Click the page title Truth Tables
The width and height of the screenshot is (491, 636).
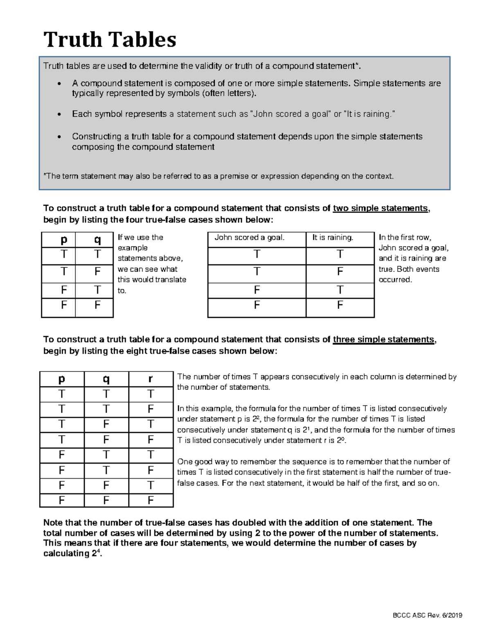(x=110, y=40)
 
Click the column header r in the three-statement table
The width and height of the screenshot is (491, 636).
(x=150, y=379)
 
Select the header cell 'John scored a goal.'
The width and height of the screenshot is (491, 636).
(x=249, y=238)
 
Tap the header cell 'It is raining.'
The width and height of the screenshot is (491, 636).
(x=333, y=238)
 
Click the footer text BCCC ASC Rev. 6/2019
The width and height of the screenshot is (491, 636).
(x=427, y=615)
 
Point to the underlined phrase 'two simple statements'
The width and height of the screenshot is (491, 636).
(x=381, y=208)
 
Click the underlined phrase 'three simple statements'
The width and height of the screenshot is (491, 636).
(x=383, y=340)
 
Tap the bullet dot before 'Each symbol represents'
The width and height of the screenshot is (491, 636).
(x=60, y=115)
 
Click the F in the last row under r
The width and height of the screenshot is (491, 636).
(x=151, y=500)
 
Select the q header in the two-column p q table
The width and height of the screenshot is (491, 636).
(x=97, y=240)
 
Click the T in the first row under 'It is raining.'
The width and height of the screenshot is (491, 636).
(x=340, y=255)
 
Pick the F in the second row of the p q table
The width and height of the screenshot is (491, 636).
(x=97, y=272)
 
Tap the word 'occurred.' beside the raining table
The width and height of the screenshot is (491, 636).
(x=395, y=280)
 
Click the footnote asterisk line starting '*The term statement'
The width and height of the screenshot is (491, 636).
(x=218, y=176)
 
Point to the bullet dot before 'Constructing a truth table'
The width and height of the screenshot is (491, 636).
(x=60, y=137)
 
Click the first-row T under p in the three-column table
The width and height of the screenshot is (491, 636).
(x=61, y=394)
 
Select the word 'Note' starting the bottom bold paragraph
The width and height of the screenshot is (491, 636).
(x=52, y=523)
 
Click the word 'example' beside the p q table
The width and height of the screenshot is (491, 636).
(x=133, y=248)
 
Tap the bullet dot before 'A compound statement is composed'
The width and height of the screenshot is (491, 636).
(x=60, y=84)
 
